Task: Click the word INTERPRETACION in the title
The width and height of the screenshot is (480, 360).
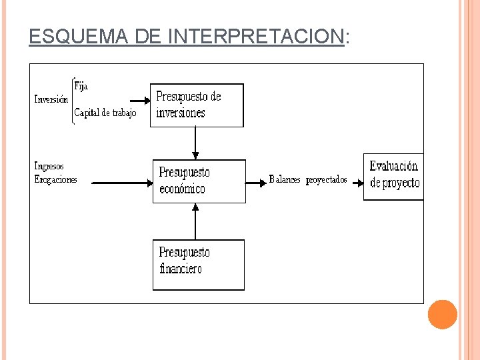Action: point(257,37)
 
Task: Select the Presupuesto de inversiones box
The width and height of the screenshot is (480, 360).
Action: point(197,105)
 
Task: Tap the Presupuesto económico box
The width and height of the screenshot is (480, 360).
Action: point(199,181)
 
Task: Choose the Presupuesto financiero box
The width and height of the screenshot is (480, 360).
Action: point(198,264)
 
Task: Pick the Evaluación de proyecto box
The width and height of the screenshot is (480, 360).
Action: point(393,175)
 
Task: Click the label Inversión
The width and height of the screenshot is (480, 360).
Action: point(51,100)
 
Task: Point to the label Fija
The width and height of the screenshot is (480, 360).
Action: point(81,86)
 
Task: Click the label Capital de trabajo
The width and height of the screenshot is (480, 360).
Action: point(105,113)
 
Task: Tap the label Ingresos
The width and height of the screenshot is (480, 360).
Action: point(49,166)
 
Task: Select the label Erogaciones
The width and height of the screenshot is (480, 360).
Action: point(55,179)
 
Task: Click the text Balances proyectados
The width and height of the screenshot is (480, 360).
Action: point(308,180)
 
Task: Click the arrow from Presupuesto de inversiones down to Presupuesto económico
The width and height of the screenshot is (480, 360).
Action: point(195,143)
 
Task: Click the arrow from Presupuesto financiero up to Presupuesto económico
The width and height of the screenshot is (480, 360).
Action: point(195,221)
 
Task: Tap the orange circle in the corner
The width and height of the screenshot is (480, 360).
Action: point(442,314)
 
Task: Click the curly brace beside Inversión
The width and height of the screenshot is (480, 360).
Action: point(71,100)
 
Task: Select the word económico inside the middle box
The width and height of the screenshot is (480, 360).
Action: point(183,189)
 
